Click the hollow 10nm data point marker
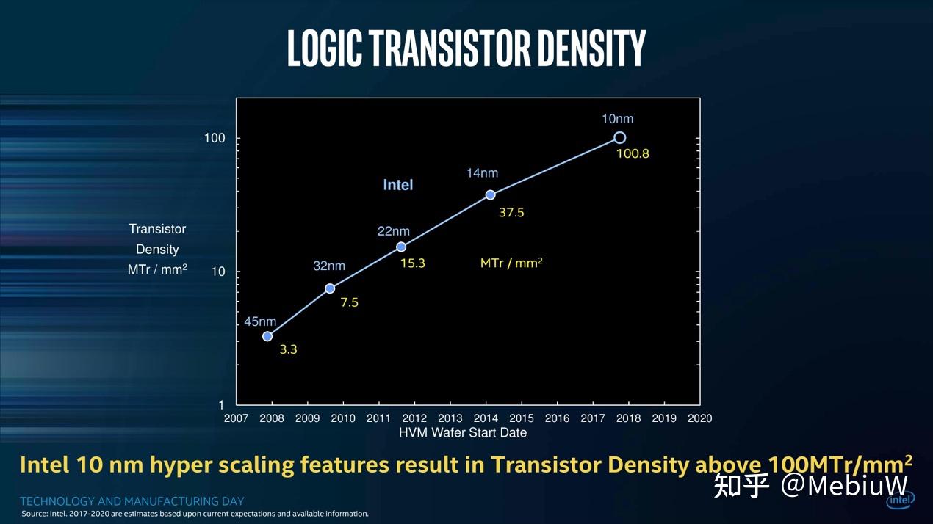[619, 138]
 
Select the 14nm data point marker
[490, 194]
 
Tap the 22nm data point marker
[401, 247]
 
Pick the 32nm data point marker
[330, 288]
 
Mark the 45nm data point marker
[267, 336]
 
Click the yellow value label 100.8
[633, 154]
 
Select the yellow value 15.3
[412, 263]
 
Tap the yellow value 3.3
[288, 350]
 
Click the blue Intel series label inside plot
[398, 185]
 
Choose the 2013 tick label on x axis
[450, 418]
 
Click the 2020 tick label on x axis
[699, 418]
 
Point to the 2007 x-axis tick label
[237, 418]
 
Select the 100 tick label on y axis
[215, 139]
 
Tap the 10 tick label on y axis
[217, 272]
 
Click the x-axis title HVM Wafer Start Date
[463, 433]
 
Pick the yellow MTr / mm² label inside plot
[511, 263]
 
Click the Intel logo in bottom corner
[900, 500]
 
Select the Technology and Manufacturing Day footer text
[132, 501]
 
